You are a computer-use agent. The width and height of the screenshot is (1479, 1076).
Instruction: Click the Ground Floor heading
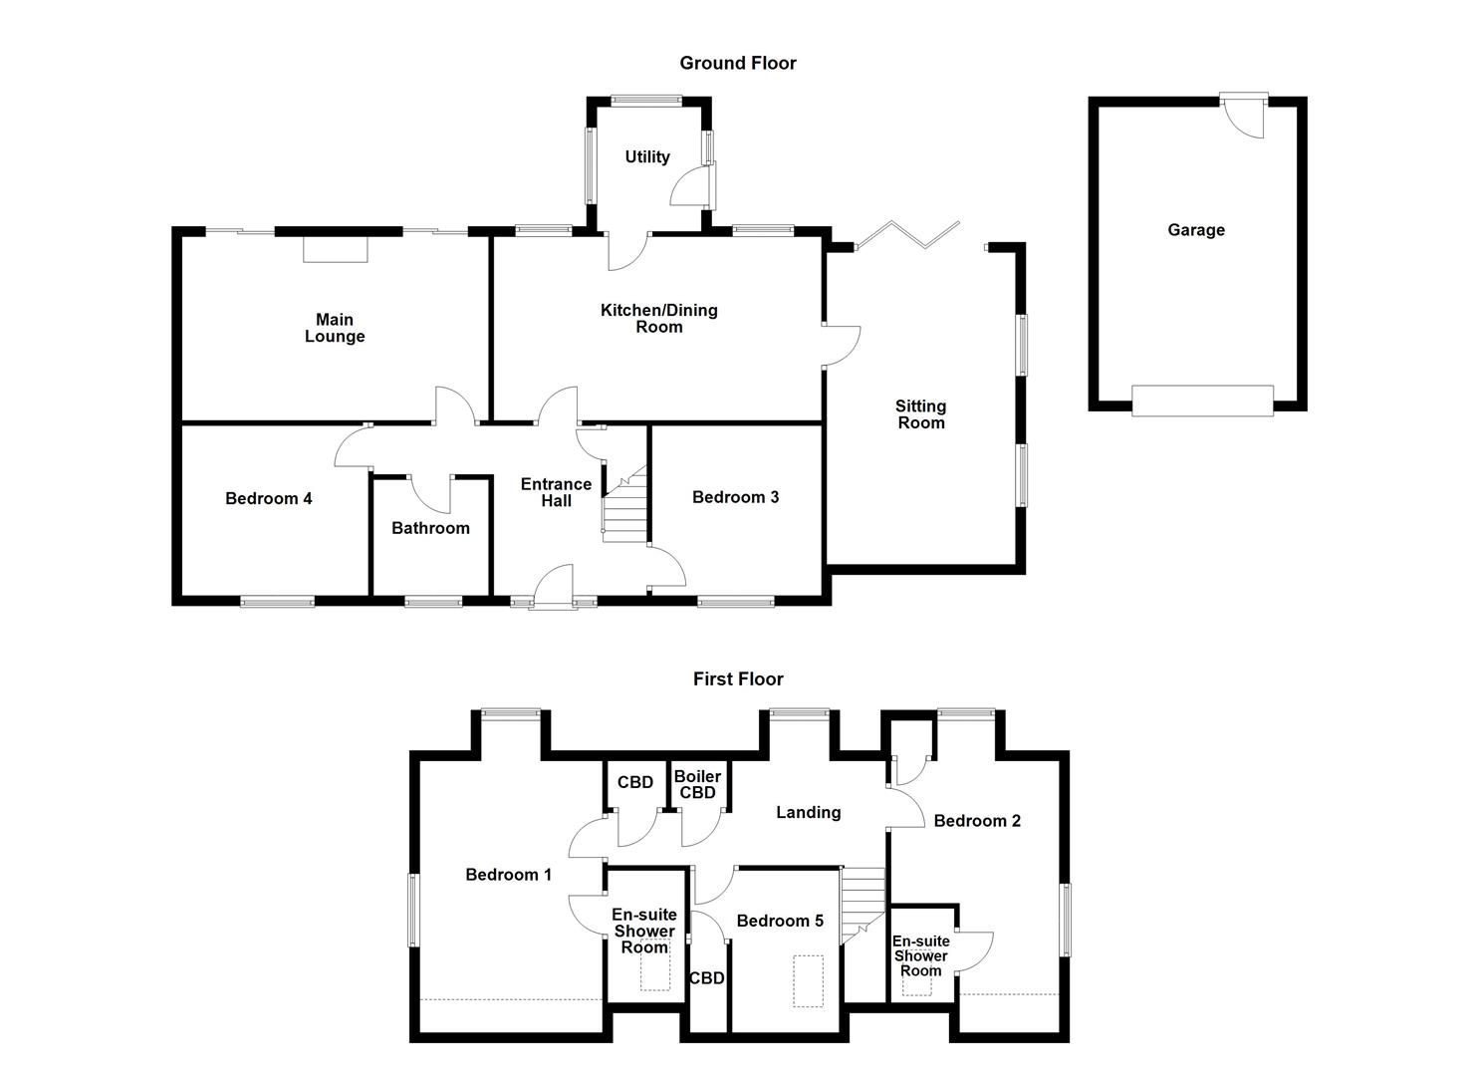coord(738,63)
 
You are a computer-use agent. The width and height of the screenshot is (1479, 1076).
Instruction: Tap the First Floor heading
coord(738,678)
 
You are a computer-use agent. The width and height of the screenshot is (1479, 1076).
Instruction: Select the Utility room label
coord(647,156)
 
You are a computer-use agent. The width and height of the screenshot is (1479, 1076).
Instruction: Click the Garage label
coord(1196,230)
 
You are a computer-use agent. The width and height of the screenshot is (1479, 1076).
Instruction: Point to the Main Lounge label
coord(335,328)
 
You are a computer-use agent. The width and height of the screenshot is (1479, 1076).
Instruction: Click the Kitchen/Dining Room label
coord(658,318)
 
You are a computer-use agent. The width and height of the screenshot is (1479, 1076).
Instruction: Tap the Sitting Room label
coord(920,413)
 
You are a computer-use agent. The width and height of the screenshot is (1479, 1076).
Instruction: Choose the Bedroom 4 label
coord(269,498)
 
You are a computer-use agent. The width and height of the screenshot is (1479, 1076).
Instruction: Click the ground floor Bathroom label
coord(430,528)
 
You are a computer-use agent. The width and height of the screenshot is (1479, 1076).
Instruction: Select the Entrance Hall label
coord(556,492)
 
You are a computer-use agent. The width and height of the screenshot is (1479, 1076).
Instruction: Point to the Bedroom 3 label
coord(736,497)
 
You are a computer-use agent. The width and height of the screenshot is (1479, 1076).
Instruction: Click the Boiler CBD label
coord(697,784)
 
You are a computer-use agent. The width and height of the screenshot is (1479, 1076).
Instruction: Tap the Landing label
coord(808,812)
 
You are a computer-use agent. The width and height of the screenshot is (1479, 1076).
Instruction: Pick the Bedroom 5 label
coord(780,921)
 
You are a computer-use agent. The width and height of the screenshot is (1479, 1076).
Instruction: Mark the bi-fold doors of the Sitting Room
coord(906,235)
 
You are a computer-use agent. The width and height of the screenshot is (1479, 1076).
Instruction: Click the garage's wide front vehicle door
coord(1202,400)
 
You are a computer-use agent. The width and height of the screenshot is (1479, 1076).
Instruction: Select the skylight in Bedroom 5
coord(808,981)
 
